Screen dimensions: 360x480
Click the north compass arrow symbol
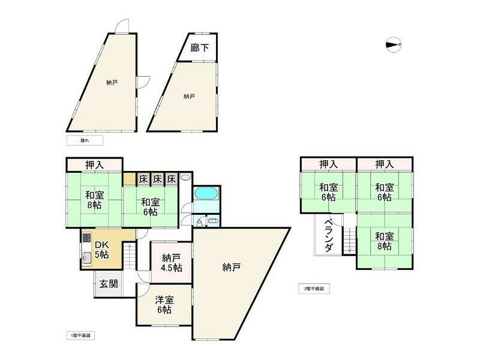coord(393,44)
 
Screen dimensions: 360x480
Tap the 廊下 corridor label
coord(200,47)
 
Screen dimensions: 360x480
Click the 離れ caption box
coord(84,140)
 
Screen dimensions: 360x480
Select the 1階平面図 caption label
coord(80,335)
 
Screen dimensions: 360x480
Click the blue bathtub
coord(206,195)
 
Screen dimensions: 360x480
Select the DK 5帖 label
coord(102,250)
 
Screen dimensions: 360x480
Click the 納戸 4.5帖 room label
coord(172,263)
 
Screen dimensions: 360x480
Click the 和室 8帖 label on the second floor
coord(384,241)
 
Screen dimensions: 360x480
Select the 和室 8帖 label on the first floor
coord(94,200)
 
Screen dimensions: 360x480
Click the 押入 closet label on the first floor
coord(94,164)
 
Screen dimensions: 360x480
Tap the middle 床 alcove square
coord(157,178)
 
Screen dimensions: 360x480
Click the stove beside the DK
coord(86,238)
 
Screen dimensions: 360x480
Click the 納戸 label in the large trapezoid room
coord(231,267)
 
